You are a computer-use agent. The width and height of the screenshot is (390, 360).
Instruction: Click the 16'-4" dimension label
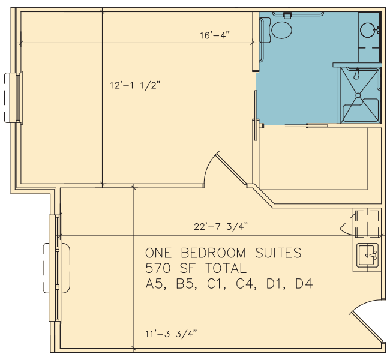[x=215, y=35]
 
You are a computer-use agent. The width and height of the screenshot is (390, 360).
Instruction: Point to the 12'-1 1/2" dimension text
[x=135, y=85]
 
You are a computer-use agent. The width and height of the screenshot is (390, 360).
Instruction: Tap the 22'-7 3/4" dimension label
[x=221, y=227]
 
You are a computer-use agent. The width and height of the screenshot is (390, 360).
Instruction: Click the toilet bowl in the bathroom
[x=281, y=30]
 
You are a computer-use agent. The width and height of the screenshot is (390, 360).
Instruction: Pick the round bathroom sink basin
[x=368, y=30]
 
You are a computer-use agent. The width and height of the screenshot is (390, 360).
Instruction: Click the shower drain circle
[x=358, y=95]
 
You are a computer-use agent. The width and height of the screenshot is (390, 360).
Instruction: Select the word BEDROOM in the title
[x=213, y=253]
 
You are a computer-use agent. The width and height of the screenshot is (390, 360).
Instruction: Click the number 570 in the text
[x=158, y=268]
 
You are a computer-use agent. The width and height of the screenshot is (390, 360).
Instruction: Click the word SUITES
[x=278, y=253]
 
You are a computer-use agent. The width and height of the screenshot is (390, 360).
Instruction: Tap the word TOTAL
[x=226, y=268]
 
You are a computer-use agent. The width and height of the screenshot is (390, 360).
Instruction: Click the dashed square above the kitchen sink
[x=367, y=224]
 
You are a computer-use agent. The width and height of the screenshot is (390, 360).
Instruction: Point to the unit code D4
[x=304, y=284]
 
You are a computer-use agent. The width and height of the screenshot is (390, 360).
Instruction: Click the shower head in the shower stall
[x=357, y=74]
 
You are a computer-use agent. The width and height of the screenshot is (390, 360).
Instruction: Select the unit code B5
[x=185, y=284]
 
